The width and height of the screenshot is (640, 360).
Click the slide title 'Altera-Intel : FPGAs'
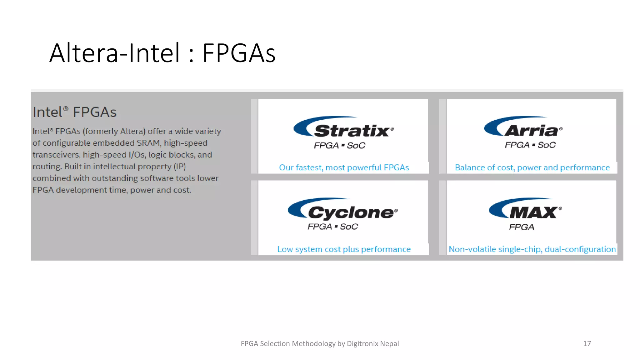(x=162, y=53)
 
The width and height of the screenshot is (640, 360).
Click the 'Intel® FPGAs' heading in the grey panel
(x=75, y=112)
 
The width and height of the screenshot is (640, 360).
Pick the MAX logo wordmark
(x=533, y=213)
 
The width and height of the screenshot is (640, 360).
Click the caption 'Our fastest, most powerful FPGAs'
(x=344, y=168)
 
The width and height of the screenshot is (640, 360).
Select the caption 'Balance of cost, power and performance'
(x=532, y=168)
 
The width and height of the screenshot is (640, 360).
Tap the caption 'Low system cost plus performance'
(x=344, y=249)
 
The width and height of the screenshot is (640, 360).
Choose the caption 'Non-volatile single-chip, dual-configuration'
(x=532, y=249)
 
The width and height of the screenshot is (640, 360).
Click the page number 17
(x=587, y=344)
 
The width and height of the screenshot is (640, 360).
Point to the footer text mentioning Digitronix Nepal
(x=320, y=344)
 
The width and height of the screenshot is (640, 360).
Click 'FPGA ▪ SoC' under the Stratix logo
(x=339, y=146)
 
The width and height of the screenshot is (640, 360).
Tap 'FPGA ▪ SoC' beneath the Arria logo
(x=530, y=145)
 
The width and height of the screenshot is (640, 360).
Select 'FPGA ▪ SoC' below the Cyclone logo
(x=333, y=227)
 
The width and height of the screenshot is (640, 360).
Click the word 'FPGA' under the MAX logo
(x=522, y=227)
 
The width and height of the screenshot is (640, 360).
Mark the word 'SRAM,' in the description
(x=149, y=143)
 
